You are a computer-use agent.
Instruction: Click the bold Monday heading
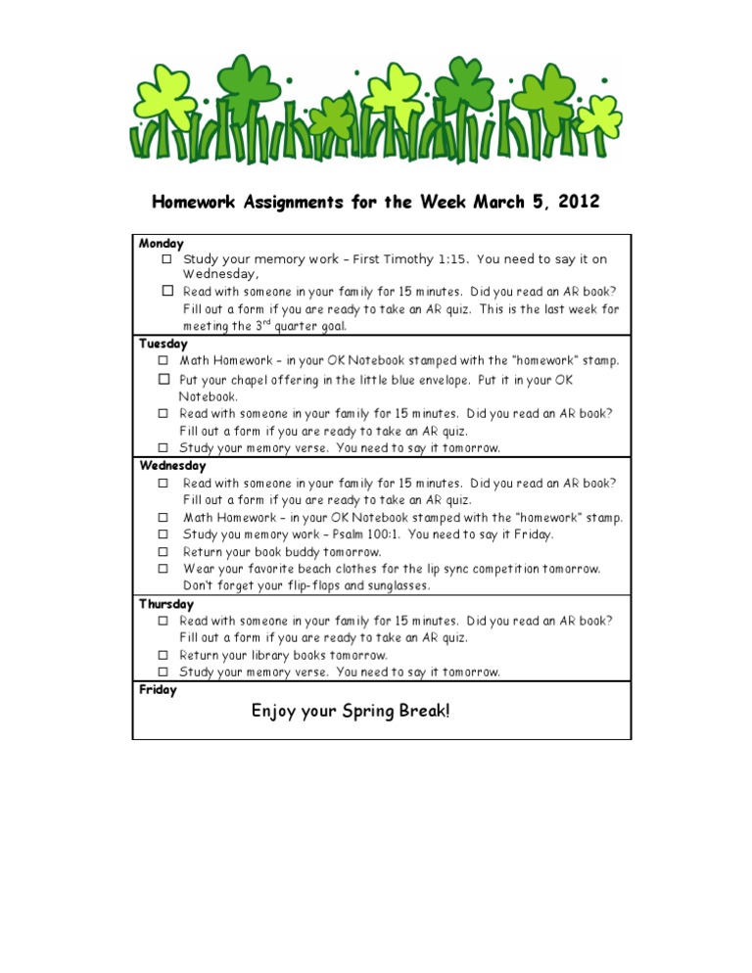tap(162, 243)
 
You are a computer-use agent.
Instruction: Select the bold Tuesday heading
tap(164, 344)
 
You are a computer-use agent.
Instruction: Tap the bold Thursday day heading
tap(166, 604)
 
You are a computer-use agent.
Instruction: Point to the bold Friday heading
tap(159, 690)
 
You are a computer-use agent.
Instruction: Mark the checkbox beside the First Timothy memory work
tap(167, 259)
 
